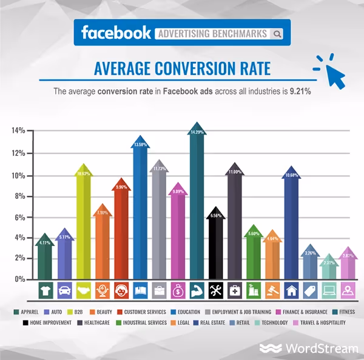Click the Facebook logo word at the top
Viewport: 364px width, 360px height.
click(x=115, y=32)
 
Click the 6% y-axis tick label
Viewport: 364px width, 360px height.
click(x=18, y=217)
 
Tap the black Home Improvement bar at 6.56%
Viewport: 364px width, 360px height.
click(x=216, y=242)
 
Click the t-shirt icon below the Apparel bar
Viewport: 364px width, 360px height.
click(x=45, y=290)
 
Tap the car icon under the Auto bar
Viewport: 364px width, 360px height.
click(x=64, y=290)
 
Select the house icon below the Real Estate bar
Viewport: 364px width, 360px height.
click(x=291, y=290)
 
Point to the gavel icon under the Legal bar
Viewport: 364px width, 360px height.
click(x=272, y=290)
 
